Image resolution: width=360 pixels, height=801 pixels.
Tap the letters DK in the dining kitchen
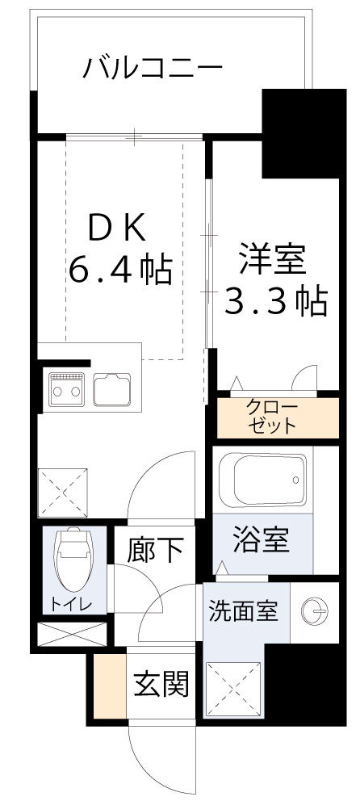pos(117,231)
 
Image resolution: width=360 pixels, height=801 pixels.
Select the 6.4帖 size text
pos(119,270)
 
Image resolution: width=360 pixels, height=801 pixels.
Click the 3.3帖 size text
pos(274,301)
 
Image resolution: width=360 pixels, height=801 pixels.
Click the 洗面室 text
pos(243,610)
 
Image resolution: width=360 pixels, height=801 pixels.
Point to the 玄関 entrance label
pos(161,685)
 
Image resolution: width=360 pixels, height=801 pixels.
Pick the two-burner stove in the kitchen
pos(66,389)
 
